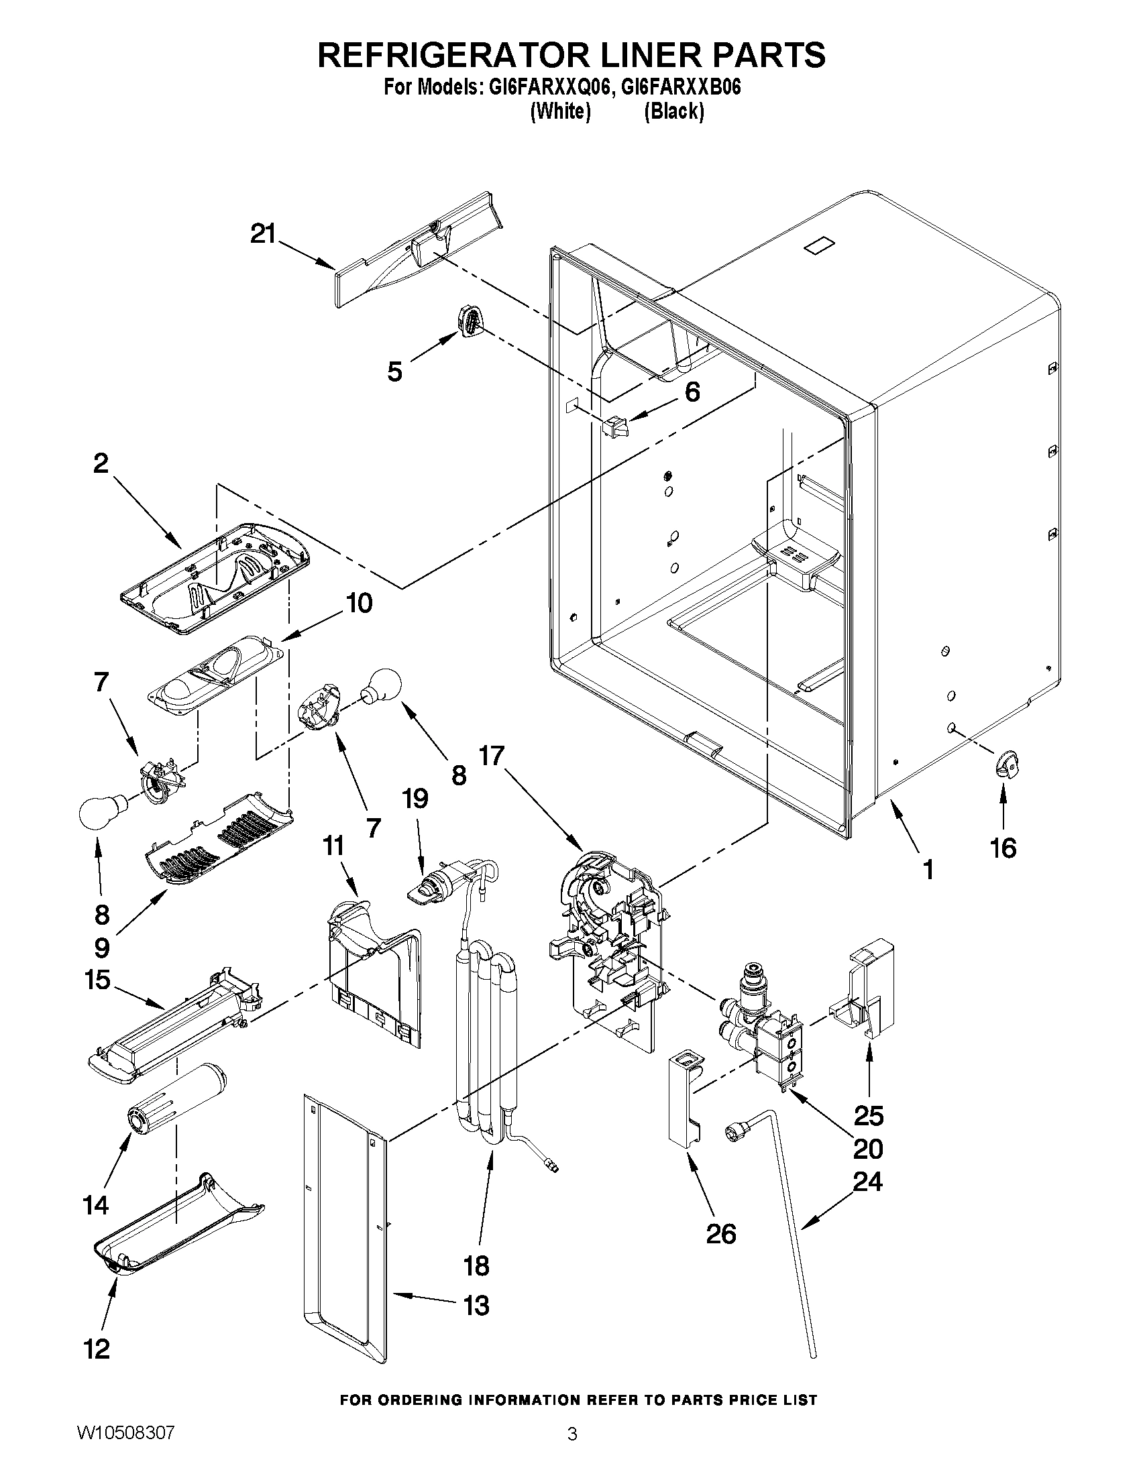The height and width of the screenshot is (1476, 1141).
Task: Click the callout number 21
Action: click(x=263, y=235)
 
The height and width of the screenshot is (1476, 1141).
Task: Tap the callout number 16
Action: click(x=1003, y=848)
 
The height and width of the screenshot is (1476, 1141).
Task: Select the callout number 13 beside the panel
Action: click(x=476, y=1305)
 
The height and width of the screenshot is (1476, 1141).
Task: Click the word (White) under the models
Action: click(x=560, y=111)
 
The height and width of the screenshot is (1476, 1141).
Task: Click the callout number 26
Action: click(x=720, y=1234)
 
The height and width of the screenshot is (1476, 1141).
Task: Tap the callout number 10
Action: click(x=359, y=603)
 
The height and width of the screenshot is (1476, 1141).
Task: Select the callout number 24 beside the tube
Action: click(x=867, y=1182)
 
